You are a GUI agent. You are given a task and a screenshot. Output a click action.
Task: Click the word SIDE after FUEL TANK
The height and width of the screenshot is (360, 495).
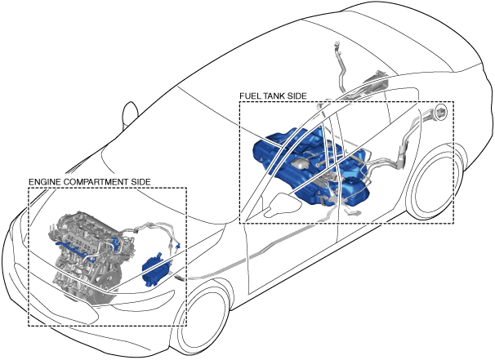pyautogui.click(x=298, y=96)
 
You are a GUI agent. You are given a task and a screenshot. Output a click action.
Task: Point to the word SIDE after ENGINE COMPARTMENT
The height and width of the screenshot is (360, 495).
pyautogui.click(x=140, y=181)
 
